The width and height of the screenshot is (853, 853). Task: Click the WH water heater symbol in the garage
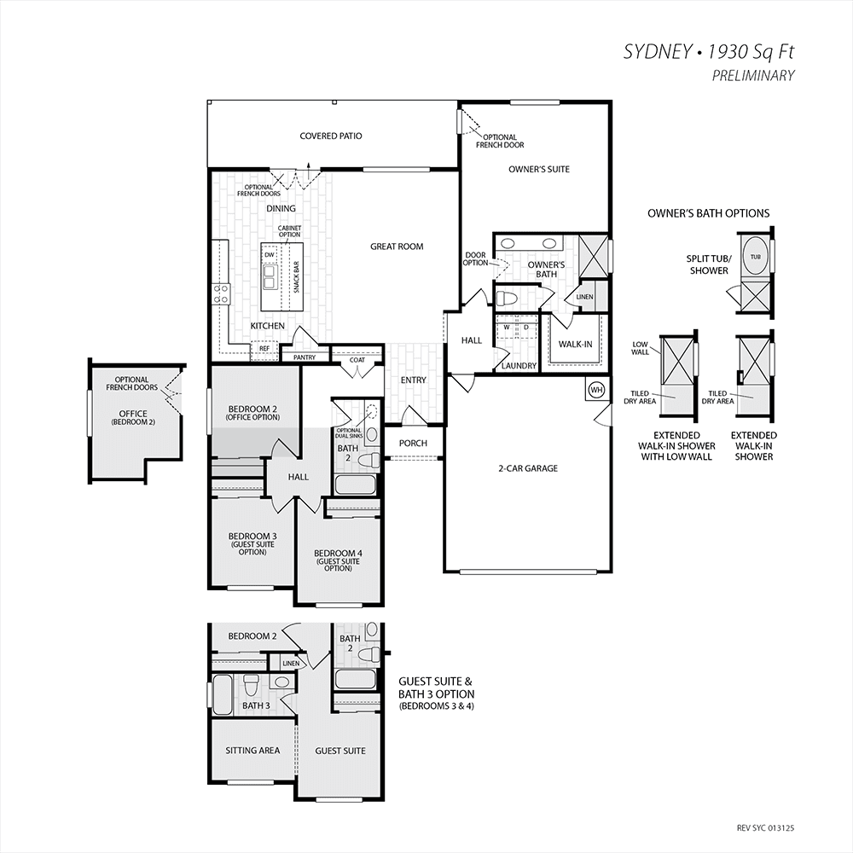(x=597, y=390)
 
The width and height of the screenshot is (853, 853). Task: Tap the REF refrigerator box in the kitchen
(x=264, y=349)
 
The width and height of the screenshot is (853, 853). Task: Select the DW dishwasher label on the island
(x=270, y=254)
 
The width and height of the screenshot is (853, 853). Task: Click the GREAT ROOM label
(x=397, y=247)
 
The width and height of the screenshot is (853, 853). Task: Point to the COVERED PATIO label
(x=331, y=136)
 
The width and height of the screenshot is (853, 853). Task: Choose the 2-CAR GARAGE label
(x=528, y=468)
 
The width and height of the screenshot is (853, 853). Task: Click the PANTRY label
(x=305, y=357)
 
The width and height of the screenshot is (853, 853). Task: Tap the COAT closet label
(x=357, y=360)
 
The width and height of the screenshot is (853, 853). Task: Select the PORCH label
(x=413, y=444)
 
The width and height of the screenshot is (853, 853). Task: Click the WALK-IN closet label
(x=576, y=345)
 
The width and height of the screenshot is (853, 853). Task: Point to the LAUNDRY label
(x=519, y=366)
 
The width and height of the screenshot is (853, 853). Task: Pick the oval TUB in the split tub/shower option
(x=756, y=257)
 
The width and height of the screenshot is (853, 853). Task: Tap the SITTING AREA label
(x=252, y=751)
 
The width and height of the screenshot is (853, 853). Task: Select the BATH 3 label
(x=256, y=705)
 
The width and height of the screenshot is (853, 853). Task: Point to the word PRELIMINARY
(x=753, y=76)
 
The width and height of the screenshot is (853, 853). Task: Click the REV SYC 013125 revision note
(x=765, y=828)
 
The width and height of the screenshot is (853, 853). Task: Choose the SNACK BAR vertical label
(x=297, y=277)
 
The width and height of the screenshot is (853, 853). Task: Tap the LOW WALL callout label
(x=640, y=348)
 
